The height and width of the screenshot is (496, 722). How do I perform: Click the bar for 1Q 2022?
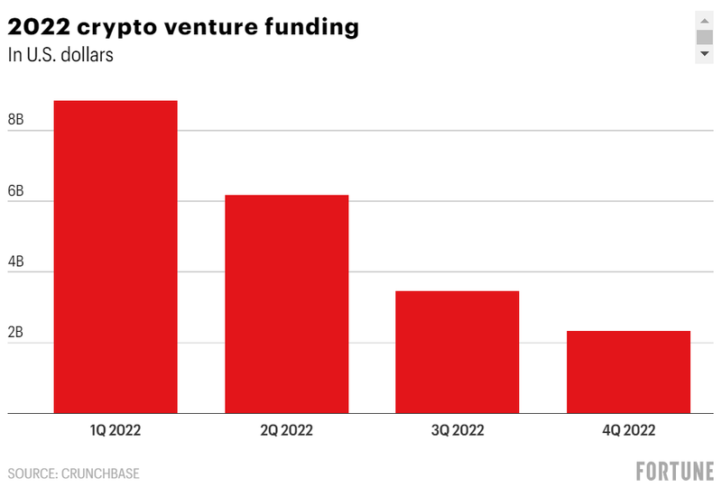point(116,257)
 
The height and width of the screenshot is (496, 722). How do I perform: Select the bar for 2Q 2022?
point(286,304)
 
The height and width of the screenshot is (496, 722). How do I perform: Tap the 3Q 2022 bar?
point(458,352)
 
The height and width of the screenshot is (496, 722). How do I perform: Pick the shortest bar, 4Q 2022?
point(628,372)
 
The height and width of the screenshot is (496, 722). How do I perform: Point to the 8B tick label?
point(16,120)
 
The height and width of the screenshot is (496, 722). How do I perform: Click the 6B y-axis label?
point(16,191)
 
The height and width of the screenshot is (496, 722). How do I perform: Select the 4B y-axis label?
point(16,262)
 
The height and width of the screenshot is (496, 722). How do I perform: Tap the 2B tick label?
point(16,333)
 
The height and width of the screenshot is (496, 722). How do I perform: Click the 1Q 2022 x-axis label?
point(116,430)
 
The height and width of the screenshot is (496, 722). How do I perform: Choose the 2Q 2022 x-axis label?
point(286,430)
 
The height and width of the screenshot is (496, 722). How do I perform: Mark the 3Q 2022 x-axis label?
point(458,430)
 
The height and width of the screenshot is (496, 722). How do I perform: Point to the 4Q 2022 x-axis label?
point(628,430)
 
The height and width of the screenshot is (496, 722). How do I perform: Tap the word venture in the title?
point(208,27)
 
